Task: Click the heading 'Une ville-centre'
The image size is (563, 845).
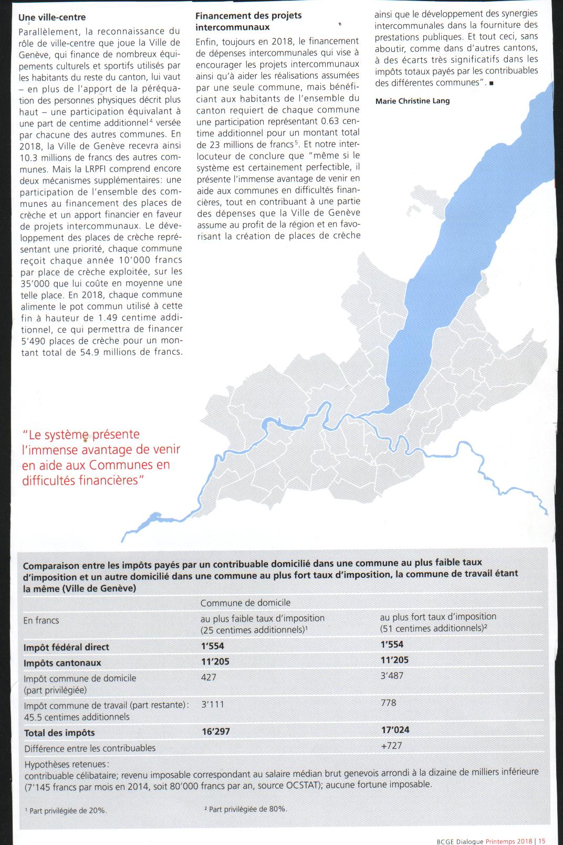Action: click(x=52, y=17)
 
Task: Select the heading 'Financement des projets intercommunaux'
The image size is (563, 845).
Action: click(x=248, y=21)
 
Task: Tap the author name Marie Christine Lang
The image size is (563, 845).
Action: click(x=412, y=101)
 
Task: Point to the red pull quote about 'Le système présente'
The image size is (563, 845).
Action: click(x=101, y=457)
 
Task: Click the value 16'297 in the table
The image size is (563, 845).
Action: click(x=216, y=731)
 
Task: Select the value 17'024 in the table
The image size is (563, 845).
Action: click(x=395, y=730)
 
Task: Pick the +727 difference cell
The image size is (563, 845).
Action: click(x=392, y=745)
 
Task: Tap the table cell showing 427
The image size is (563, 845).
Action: click(x=208, y=677)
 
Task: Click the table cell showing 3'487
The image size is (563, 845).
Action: click(x=392, y=675)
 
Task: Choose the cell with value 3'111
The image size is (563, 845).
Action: click(x=213, y=704)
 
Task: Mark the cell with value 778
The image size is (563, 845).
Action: click(x=389, y=702)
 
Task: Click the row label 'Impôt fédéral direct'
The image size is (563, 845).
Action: click(x=66, y=647)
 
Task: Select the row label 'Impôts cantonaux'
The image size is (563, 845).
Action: click(x=62, y=663)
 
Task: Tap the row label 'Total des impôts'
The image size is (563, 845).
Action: click(x=59, y=733)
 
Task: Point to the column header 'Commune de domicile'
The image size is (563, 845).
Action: click(x=245, y=603)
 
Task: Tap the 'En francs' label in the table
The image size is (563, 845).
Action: click(x=41, y=620)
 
